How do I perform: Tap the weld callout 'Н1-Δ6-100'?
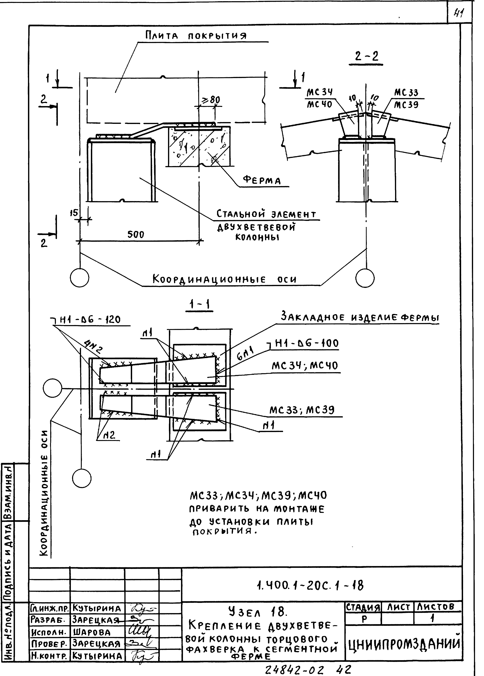tap(306, 343)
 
